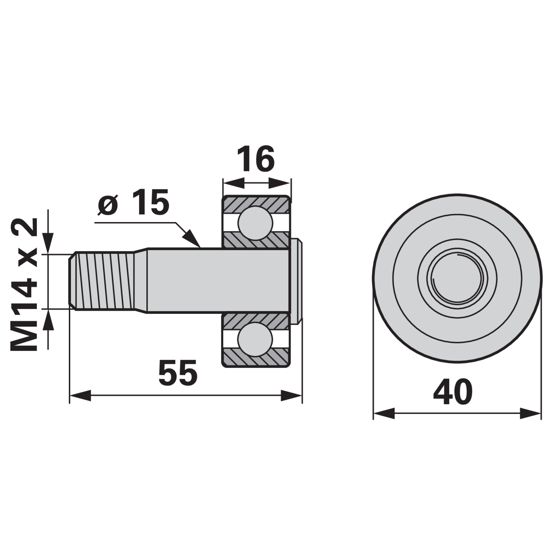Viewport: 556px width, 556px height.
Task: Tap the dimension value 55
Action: [178, 373]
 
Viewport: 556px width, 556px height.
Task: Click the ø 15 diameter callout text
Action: [133, 202]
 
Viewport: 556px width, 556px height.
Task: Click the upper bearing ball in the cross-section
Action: [255, 223]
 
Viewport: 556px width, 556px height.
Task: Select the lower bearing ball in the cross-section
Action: [255, 339]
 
